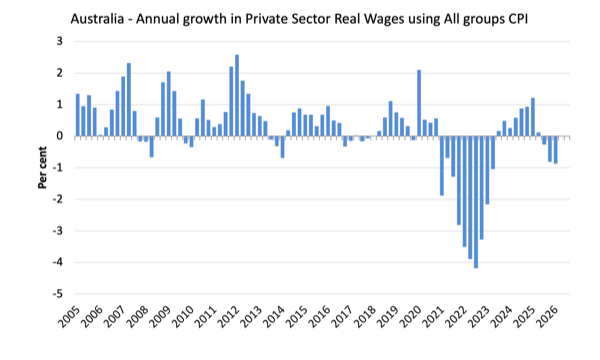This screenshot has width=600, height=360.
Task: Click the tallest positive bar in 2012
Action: click(x=237, y=95)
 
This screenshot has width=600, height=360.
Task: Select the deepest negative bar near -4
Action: click(x=476, y=202)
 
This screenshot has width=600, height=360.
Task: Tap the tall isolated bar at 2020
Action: click(x=419, y=103)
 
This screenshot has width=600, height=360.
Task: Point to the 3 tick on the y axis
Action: click(x=60, y=41)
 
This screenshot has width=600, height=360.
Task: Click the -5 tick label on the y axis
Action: click(x=58, y=294)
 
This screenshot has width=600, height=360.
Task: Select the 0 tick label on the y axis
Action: click(x=60, y=136)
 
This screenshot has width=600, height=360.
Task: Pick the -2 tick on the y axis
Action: click(x=58, y=199)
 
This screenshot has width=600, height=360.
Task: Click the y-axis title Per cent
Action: click(x=42, y=168)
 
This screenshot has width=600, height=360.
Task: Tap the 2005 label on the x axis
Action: click(x=70, y=316)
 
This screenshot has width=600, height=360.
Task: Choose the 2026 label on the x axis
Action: click(x=548, y=316)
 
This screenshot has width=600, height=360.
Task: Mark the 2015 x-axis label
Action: click(x=297, y=316)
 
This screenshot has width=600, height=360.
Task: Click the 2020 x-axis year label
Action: click(x=411, y=316)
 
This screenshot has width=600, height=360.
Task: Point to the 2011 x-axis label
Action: click(x=206, y=316)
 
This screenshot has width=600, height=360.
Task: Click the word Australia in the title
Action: click(x=97, y=19)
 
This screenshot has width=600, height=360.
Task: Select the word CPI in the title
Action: click(x=517, y=19)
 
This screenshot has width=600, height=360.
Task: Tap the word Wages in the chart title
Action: click(x=385, y=20)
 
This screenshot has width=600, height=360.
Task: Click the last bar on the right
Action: click(x=555, y=150)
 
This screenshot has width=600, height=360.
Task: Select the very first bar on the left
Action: click(x=78, y=115)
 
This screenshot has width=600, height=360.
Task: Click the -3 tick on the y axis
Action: click(x=58, y=231)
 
